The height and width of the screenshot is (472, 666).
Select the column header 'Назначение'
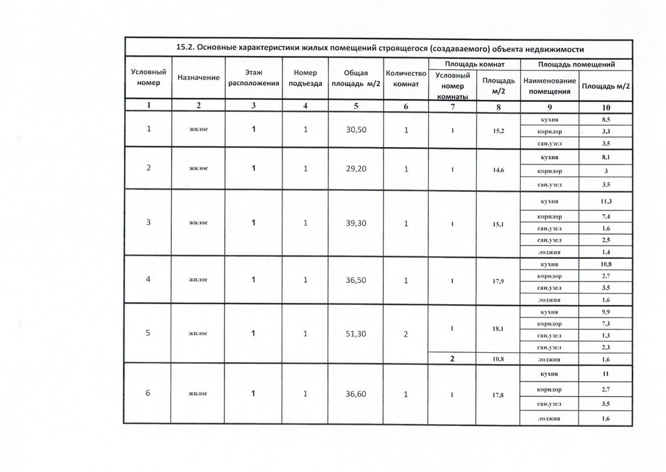tap(198, 79)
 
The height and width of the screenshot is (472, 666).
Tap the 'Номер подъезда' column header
tap(305, 79)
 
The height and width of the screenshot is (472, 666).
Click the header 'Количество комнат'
tap(406, 79)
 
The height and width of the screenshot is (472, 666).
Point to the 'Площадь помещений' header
tap(576, 65)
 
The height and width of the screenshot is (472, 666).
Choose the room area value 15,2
tap(498, 130)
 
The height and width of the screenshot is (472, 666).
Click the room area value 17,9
tap(498, 282)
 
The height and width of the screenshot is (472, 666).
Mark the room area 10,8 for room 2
tap(498, 359)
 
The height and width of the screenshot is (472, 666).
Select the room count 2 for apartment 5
tap(406, 333)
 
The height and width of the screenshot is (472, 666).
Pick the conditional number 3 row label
tap(149, 223)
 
